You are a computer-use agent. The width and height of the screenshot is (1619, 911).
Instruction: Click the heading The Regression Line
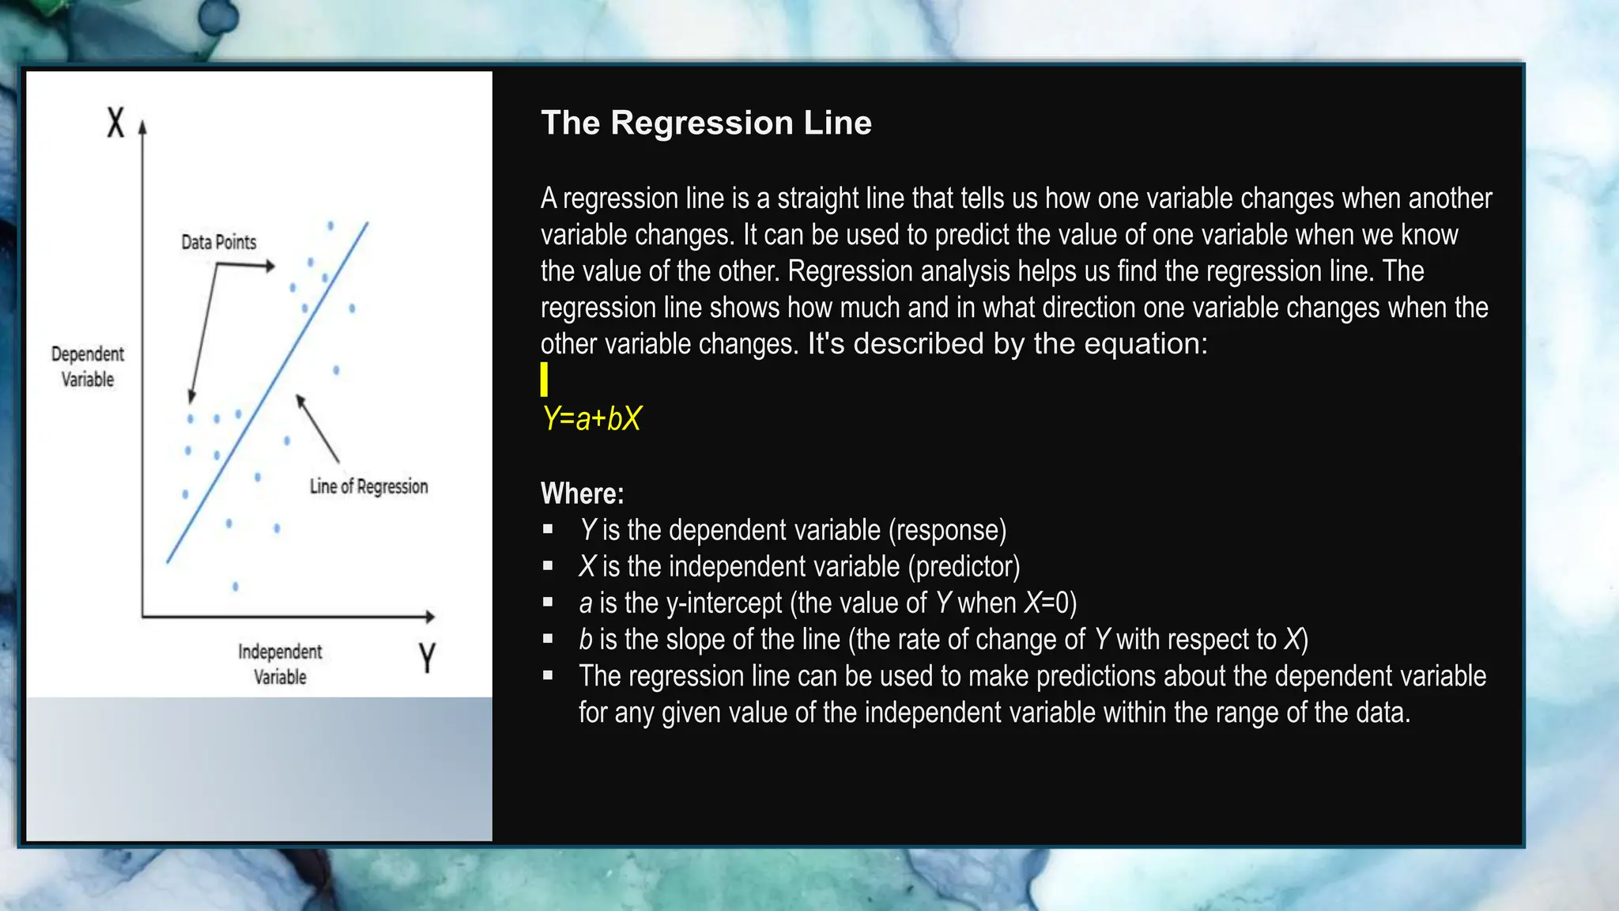pos(706,123)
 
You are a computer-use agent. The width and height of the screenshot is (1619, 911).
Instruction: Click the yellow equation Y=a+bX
pos(592,418)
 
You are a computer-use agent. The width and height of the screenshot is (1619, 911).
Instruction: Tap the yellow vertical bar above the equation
pos(544,380)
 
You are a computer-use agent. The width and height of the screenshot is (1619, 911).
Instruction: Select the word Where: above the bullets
pos(582,493)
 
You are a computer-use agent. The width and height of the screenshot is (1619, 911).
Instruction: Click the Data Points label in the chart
pos(219,242)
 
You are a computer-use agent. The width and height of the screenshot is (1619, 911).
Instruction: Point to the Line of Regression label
pos(368,486)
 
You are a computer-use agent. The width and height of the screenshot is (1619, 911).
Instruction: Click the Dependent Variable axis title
pos(88,366)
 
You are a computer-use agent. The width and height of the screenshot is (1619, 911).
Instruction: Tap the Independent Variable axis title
pos(280,663)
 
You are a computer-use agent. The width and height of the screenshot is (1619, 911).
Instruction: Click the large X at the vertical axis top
pos(116,123)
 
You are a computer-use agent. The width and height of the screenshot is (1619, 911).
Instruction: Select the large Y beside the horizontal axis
pos(427,657)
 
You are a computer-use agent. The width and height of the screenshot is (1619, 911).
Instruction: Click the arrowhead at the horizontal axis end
pos(430,616)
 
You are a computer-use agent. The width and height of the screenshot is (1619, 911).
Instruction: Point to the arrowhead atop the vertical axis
pos(143,127)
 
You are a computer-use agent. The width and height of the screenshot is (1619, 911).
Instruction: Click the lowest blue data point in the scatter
pos(235,587)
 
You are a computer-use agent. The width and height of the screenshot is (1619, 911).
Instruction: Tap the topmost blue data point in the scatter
pos(330,226)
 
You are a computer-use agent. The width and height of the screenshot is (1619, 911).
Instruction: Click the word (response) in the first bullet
pos(947,531)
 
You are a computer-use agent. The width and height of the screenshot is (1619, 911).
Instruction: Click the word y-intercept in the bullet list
pos(724,603)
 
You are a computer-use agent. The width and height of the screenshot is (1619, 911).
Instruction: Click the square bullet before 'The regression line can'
pos(548,675)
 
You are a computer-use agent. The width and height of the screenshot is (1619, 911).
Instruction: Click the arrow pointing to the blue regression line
pos(318,428)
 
